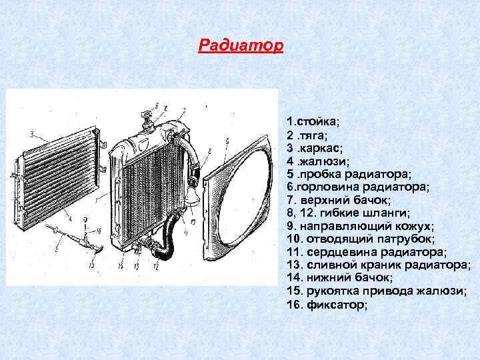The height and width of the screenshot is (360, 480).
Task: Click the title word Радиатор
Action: [x=241, y=46]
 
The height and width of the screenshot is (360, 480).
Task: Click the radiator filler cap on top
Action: [x=147, y=121]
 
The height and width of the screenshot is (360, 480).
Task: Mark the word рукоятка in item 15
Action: [x=330, y=291]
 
